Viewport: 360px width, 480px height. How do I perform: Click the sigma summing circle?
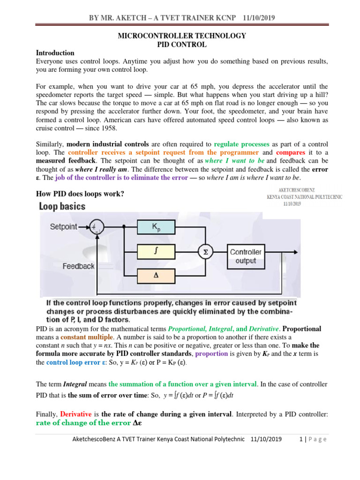[204, 253]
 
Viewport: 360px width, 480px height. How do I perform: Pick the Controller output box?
[245, 256]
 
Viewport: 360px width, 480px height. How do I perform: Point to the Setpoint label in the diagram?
[64, 226]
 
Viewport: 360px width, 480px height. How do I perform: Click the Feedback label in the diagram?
[78, 266]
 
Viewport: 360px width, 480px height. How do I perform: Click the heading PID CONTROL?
[181, 45]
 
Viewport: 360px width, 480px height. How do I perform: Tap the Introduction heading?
[55, 53]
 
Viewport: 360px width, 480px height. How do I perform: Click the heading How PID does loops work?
[80, 194]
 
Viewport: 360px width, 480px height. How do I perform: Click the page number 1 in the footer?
[301, 439]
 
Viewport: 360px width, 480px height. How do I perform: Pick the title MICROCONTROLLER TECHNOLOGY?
[181, 36]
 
